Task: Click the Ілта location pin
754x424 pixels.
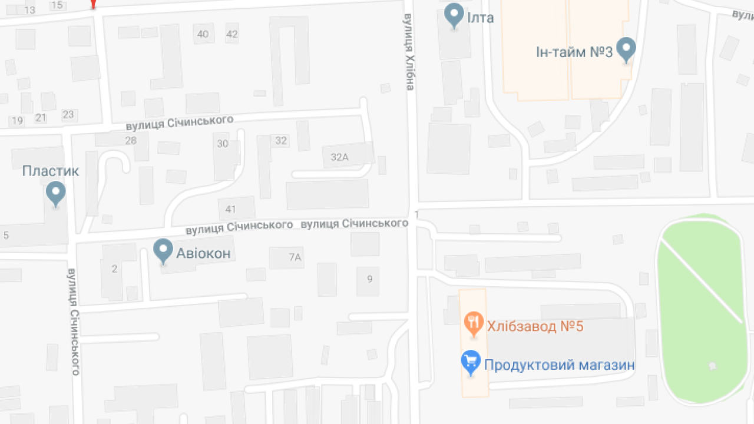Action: click(x=454, y=15)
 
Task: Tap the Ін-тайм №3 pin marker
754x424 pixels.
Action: click(x=626, y=49)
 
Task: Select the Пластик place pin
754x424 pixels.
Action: click(x=56, y=193)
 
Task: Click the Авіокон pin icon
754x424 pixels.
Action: click(x=163, y=250)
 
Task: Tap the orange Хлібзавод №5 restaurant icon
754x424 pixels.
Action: click(x=474, y=323)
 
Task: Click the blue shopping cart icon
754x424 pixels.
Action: click(x=471, y=362)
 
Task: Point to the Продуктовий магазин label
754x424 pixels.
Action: click(x=559, y=365)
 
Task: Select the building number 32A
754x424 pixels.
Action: click(x=340, y=157)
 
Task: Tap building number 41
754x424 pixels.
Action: click(x=230, y=209)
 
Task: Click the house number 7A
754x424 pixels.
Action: click(x=295, y=257)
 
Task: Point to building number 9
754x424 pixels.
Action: click(x=370, y=279)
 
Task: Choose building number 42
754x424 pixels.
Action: click(x=232, y=34)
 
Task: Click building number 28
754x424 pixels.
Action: click(x=131, y=140)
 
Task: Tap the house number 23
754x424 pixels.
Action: click(x=68, y=114)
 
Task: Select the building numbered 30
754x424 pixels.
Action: click(x=223, y=144)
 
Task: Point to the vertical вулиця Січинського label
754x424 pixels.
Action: click(x=74, y=322)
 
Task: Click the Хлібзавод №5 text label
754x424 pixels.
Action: click(x=535, y=326)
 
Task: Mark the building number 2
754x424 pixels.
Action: click(x=114, y=269)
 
